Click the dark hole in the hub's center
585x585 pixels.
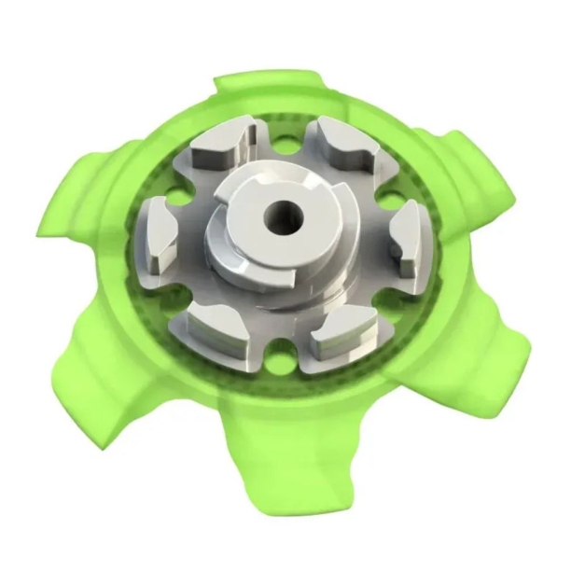pyautogui.click(x=278, y=219)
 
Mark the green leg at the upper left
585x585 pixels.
pyautogui.click(x=84, y=201)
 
